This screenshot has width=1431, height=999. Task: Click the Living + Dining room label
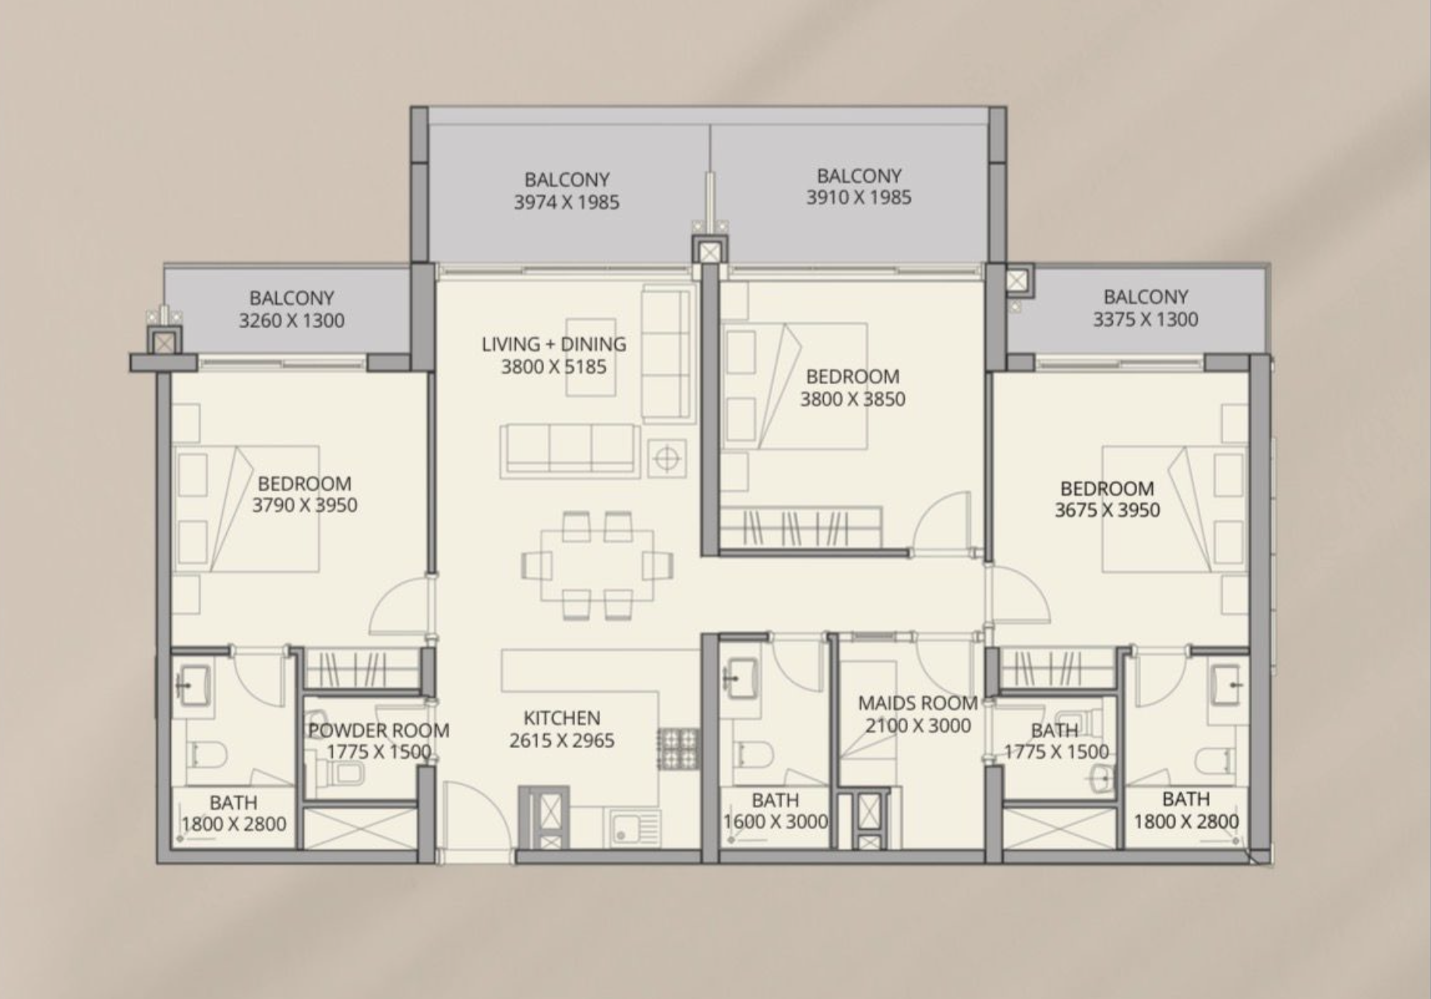[553, 344]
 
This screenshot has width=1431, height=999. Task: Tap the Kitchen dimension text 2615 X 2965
[562, 740]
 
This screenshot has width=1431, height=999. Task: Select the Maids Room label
[918, 703]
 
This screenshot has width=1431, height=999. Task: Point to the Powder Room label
[379, 730]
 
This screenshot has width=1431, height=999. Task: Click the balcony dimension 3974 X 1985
[567, 203]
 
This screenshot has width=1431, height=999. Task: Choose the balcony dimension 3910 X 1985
[859, 198]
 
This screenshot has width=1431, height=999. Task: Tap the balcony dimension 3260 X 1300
[291, 320]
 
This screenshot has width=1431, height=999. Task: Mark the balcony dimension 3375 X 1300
[1146, 319]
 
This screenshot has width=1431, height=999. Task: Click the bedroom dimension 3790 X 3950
[305, 505]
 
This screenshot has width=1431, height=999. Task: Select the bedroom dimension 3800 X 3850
[853, 399]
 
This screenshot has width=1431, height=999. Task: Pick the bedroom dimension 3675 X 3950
[1108, 510]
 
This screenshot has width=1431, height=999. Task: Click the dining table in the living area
[598, 565]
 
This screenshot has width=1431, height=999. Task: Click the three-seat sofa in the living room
[571, 449]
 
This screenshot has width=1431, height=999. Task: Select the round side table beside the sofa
[666, 458]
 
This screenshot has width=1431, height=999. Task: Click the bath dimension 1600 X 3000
[776, 821]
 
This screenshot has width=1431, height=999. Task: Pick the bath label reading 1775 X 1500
[1056, 752]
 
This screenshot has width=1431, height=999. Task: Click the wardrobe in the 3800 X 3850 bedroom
[801, 528]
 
